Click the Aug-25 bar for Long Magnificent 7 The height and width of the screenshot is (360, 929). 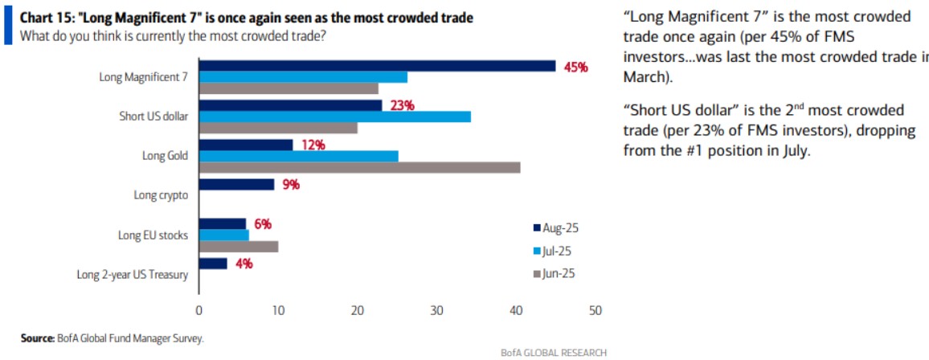coord(377,66)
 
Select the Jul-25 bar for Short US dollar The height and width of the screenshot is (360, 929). coord(334,117)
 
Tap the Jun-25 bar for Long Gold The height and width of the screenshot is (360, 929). coord(359,167)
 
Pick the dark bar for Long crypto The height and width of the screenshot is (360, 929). coord(236,184)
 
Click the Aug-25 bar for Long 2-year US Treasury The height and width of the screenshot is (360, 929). coord(213,263)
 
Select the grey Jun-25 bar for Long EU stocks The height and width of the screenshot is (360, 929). coord(239,246)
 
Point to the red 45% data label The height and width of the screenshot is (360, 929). coord(575,67)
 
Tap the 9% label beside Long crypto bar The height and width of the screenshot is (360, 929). coord(290,185)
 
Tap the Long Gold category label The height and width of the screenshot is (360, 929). coord(166,156)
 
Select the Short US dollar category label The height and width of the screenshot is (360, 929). coord(153,117)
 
